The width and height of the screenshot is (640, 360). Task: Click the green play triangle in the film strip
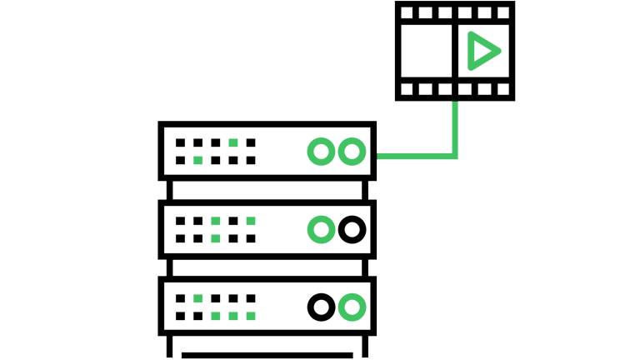(482, 51)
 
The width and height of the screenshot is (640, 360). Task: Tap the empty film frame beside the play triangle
(427, 51)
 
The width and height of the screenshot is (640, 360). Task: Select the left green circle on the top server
(321, 152)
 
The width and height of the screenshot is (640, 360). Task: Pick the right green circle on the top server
(352, 152)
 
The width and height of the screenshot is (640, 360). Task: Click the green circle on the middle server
(321, 229)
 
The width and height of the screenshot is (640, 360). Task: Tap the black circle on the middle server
(352, 229)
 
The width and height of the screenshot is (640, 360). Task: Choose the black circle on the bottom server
(321, 307)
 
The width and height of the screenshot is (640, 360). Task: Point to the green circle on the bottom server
(352, 307)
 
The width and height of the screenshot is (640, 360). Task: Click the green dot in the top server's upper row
(233, 142)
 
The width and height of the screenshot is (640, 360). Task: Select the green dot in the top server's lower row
(198, 159)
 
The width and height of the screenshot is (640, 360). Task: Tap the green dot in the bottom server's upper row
(198, 297)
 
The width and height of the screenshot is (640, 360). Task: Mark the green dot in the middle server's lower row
(216, 237)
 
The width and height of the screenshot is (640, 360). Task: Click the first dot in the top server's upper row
(181, 142)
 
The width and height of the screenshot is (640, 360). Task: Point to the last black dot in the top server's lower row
(251, 159)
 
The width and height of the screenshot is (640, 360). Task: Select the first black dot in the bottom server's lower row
(181, 315)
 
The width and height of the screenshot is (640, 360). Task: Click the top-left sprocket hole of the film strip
(407, 13)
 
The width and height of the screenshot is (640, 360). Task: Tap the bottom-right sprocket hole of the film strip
(502, 88)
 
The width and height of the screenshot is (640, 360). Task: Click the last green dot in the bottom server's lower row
(251, 315)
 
